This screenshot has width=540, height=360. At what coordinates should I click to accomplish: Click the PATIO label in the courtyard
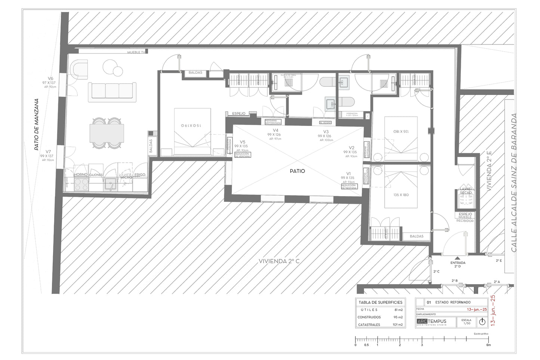tap(297, 171)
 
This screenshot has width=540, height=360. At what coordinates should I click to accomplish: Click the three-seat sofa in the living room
tap(111, 92)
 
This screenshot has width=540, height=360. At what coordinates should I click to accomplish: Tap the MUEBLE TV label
tap(136, 52)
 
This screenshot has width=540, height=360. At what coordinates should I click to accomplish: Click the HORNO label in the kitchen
tap(80, 175)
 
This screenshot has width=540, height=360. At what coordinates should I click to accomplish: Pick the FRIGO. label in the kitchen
tap(140, 175)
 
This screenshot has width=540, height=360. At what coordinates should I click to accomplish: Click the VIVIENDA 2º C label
tap(279, 261)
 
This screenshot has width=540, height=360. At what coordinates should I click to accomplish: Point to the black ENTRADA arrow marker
tap(457, 258)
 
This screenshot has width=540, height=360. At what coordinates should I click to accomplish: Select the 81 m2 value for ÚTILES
tap(398, 310)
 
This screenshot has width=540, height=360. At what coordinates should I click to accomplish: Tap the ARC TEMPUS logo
tap(432, 322)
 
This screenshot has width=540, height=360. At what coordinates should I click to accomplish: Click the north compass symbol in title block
tap(482, 322)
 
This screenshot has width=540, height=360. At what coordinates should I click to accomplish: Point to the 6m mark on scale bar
tap(488, 345)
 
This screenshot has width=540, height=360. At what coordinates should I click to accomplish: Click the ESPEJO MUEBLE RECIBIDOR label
tap(465, 218)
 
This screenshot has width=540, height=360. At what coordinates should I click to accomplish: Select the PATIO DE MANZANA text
tap(37, 124)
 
